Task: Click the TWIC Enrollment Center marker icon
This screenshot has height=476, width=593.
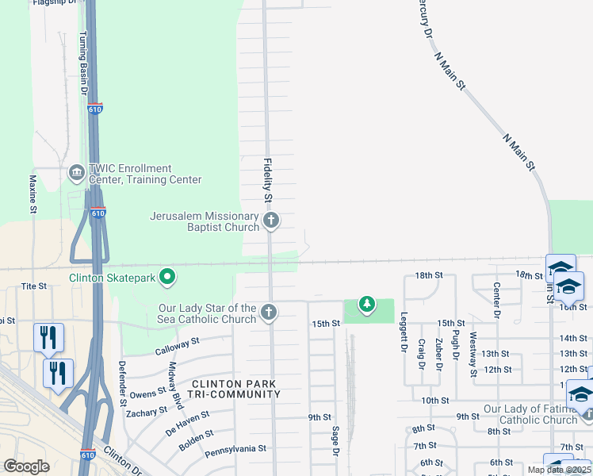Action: coord(77,173)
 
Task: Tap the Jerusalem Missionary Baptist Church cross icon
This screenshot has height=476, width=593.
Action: coord(271,221)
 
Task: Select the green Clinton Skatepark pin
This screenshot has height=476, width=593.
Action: coord(167,277)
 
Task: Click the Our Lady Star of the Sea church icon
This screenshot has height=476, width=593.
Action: coord(270,313)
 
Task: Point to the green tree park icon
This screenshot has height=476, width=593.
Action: coord(366,303)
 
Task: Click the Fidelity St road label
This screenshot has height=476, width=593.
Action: coord(267,177)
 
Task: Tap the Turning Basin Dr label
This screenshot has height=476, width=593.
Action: coord(82,63)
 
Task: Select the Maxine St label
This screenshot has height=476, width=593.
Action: coord(33,194)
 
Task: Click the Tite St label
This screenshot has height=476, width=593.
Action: coord(34,286)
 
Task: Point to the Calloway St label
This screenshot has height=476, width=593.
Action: coord(177,347)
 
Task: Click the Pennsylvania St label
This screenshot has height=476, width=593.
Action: coord(235,450)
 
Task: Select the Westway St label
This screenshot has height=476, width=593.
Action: coord(474,355)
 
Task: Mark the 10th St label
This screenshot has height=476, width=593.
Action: coord(435,401)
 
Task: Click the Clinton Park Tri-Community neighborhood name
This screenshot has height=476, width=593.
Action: coord(235,389)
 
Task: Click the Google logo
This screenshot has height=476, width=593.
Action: coord(27,466)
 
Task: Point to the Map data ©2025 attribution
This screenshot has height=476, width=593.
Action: coord(559,470)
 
